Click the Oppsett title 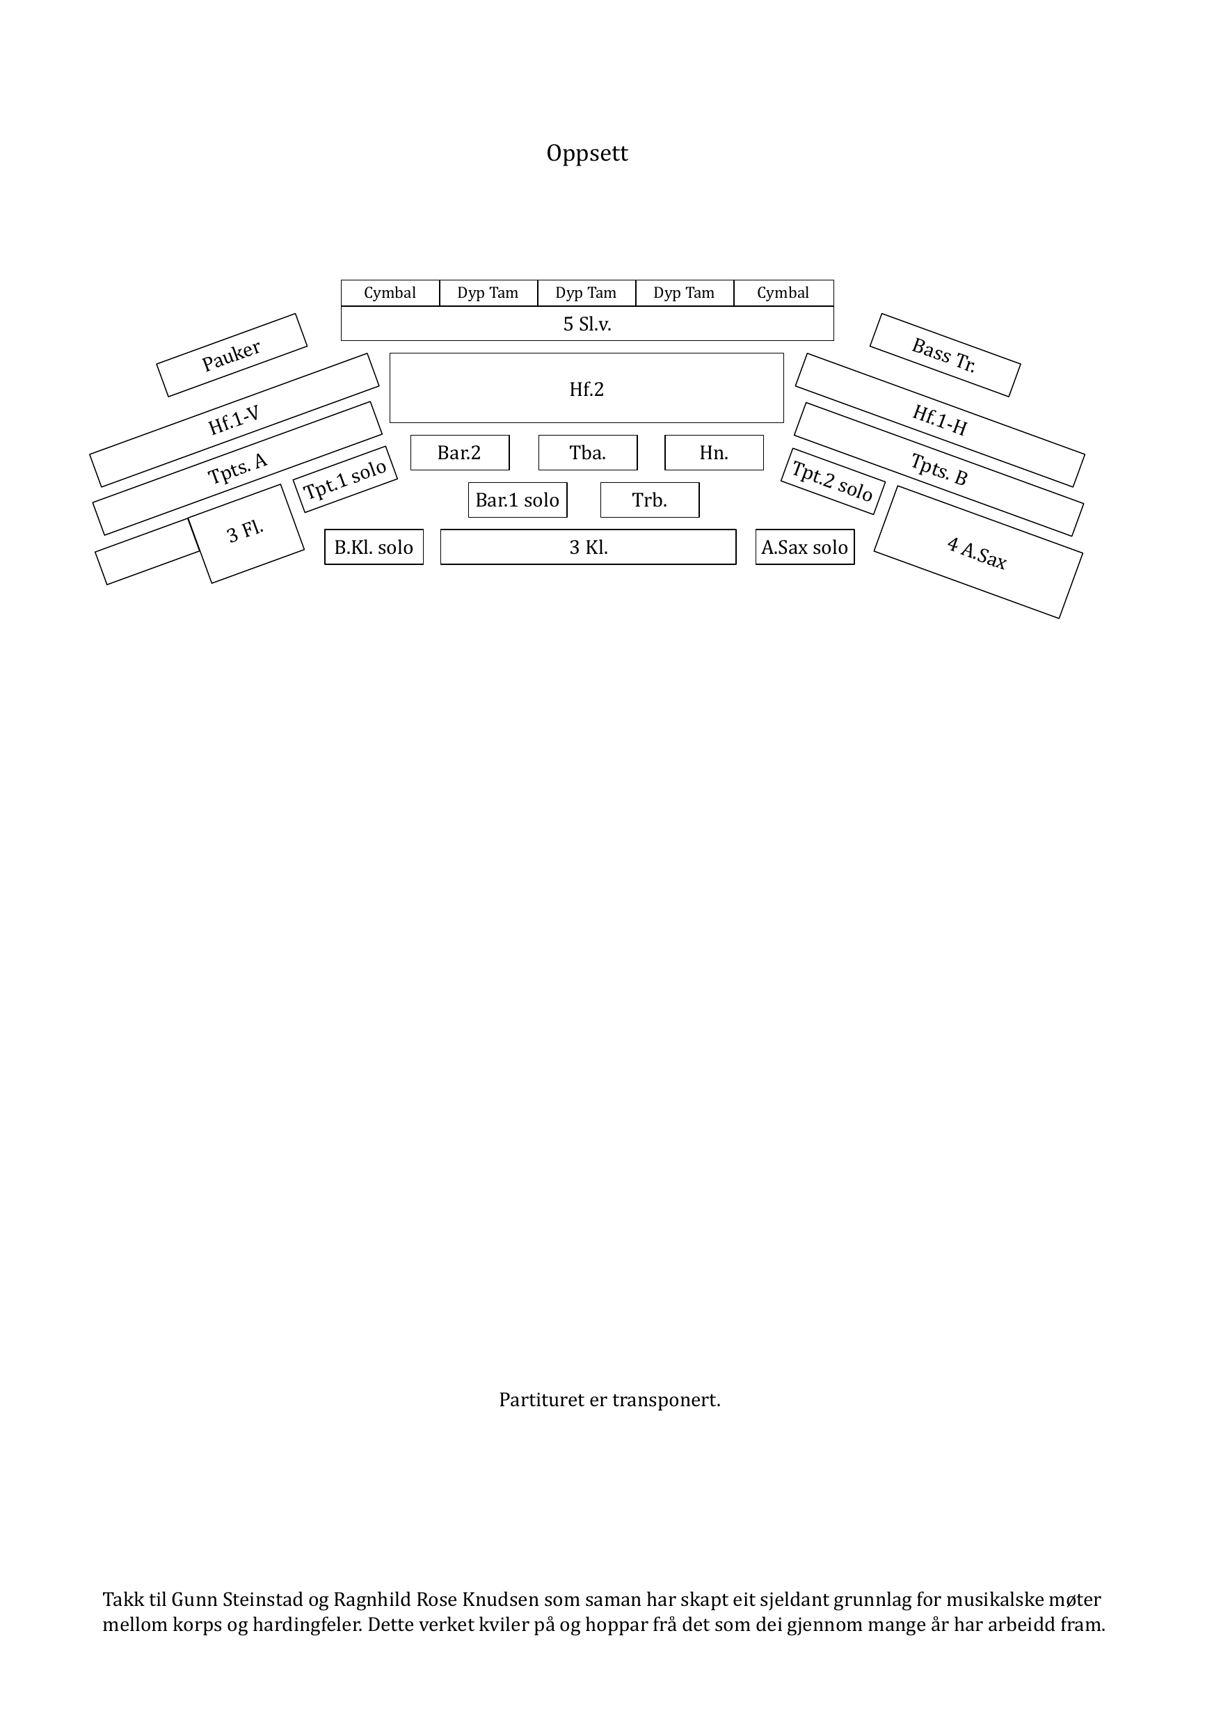pos(586,154)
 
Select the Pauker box pos(232,355)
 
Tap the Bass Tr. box pos(945,355)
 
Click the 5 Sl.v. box pos(586,324)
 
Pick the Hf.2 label pos(586,389)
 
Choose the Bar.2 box pos(460,453)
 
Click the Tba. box pos(588,453)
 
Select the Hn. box pos(714,453)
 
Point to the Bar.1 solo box pos(518,500)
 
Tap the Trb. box pos(650,500)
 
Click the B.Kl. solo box pos(374,547)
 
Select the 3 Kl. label pos(589,548)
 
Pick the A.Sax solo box pos(805,547)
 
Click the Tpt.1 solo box pos(345,479)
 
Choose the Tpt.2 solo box pos(833,482)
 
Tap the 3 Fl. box pos(246,533)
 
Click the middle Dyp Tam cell pos(586,293)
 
